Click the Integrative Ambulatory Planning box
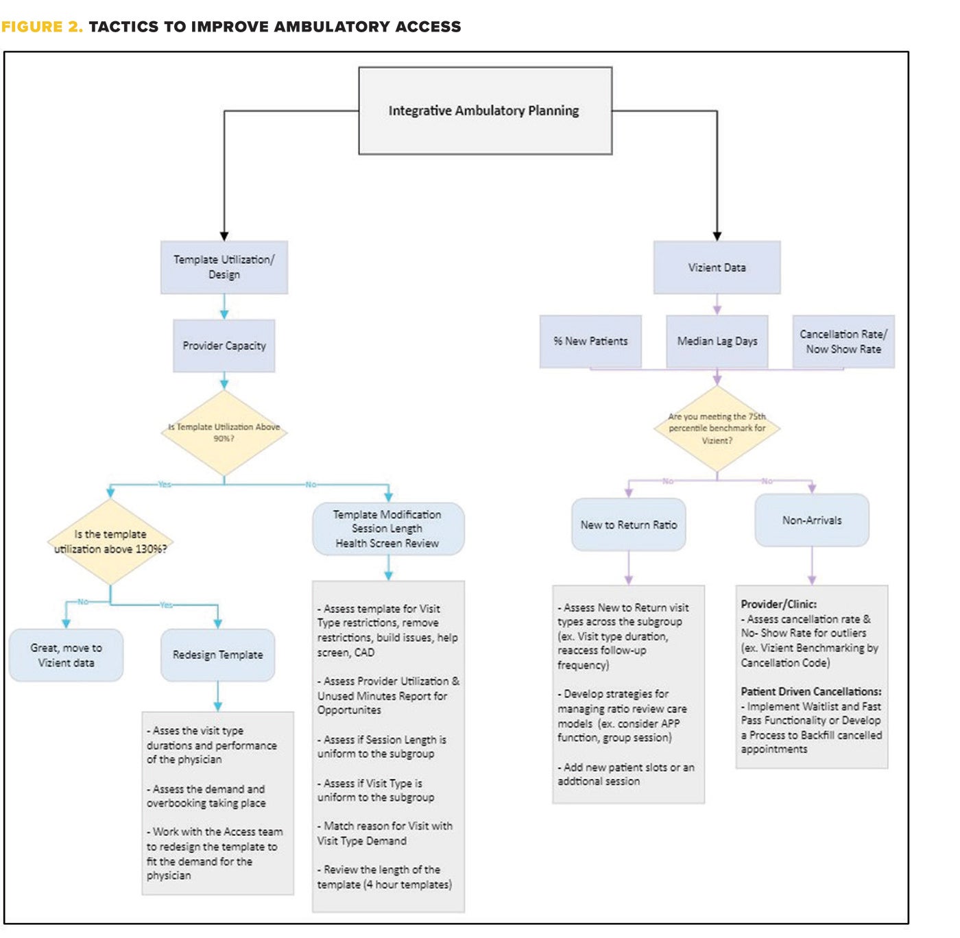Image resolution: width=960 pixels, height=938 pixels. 485,110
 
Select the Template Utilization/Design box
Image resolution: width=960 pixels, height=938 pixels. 224,267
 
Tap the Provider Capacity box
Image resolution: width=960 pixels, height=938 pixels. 224,346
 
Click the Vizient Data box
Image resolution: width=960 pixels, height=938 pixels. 717,267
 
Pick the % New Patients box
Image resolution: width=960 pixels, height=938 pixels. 590,341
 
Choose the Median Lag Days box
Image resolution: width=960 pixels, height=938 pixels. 717,341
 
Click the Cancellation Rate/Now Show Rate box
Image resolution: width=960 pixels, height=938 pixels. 843,341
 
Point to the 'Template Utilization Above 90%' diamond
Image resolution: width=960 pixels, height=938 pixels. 224,433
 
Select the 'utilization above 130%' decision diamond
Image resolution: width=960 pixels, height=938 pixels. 110,542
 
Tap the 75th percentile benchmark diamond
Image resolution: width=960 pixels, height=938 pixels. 717,429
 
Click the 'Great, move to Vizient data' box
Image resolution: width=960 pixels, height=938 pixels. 66,656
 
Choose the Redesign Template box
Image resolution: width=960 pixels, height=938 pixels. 218,656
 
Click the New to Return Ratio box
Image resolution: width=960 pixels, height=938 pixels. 629,525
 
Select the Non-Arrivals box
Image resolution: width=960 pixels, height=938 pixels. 812,520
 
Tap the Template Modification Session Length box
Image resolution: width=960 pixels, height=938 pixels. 388,529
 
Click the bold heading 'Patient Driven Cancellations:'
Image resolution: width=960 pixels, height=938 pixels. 811,692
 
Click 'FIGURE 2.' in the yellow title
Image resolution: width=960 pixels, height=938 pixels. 42,27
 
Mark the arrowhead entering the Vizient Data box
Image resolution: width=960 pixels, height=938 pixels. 717,236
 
